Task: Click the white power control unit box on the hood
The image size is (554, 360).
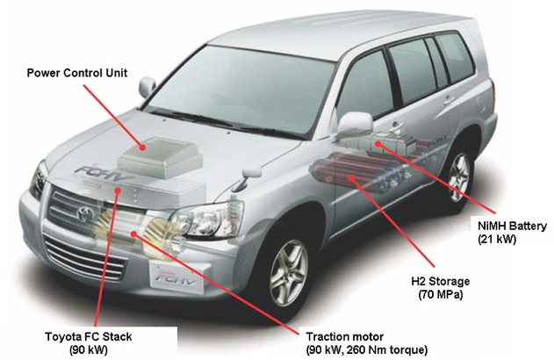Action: (x=157, y=158)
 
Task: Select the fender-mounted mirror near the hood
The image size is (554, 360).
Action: (x=146, y=87)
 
